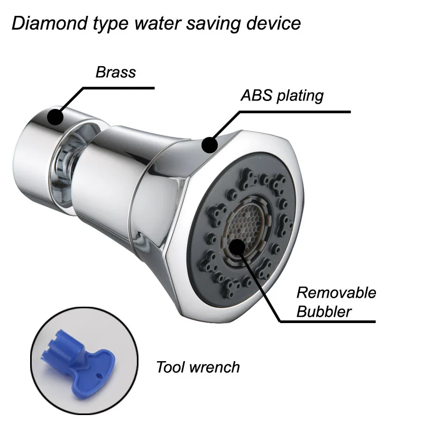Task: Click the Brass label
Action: click(115, 72)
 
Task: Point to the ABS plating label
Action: click(282, 96)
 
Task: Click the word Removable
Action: click(336, 292)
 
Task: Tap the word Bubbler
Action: click(324, 311)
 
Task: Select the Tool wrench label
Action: click(198, 367)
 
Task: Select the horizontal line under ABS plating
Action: click(296, 112)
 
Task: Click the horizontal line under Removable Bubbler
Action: click(328, 321)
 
